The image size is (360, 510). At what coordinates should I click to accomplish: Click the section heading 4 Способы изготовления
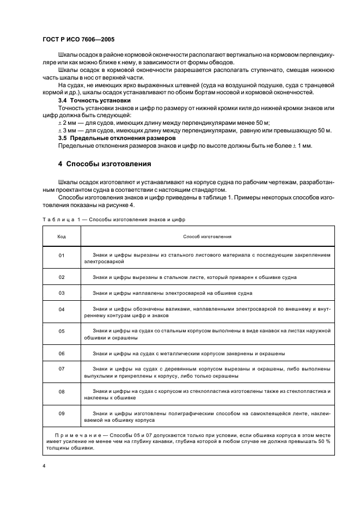pos(105,164)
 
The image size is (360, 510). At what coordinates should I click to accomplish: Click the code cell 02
pos(62,277)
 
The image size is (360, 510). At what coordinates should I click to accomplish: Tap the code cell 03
pos(62,293)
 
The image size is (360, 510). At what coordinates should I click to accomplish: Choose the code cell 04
pos(62,309)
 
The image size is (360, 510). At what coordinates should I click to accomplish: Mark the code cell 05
pos(62,331)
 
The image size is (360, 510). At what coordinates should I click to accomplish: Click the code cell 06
pos(62,353)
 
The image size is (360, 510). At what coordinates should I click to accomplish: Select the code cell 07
pos(62,369)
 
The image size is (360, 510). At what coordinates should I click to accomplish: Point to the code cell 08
pos(62,391)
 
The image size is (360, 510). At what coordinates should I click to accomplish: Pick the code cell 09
pos(62,414)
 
